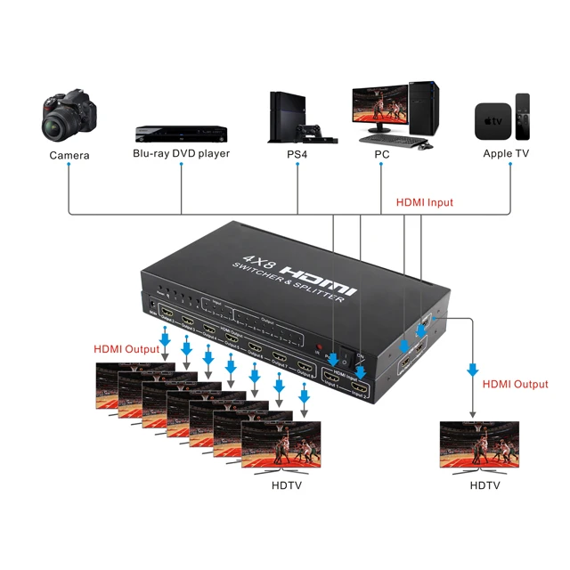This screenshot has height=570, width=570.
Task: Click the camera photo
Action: pyautogui.click(x=69, y=116)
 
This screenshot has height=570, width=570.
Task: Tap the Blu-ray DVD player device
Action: pyautogui.click(x=181, y=134)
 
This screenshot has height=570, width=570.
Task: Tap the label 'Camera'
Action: pyautogui.click(x=69, y=155)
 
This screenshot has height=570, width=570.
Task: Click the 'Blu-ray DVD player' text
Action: pyautogui.click(x=181, y=153)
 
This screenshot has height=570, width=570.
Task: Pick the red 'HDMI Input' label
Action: pyautogui.click(x=425, y=203)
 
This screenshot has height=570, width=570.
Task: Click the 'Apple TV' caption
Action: pyautogui.click(x=506, y=154)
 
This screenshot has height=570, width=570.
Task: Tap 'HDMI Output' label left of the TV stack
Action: pyautogui.click(x=126, y=349)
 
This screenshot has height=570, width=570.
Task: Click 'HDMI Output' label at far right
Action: pyautogui.click(x=515, y=384)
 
